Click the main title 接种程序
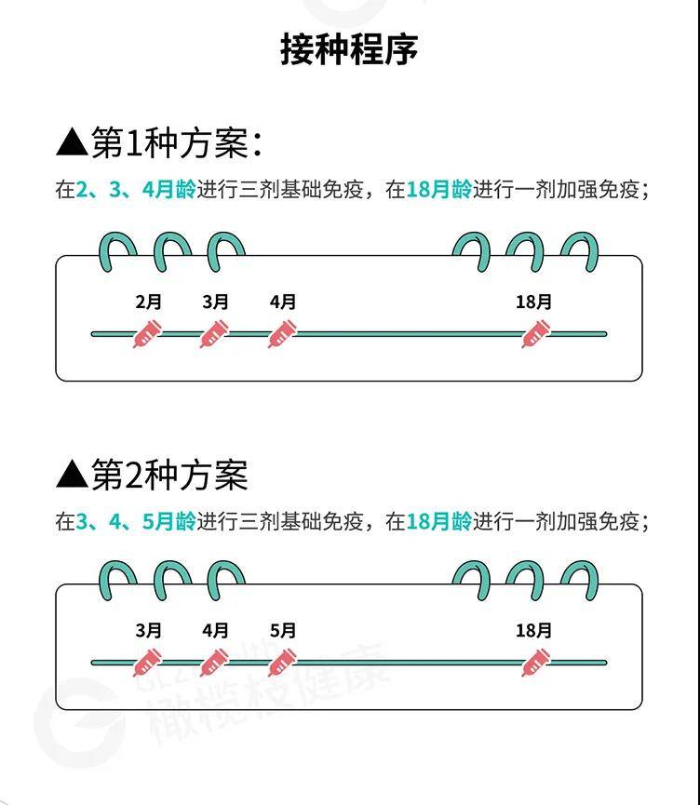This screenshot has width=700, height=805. point(349,50)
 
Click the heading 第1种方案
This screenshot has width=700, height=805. point(170,142)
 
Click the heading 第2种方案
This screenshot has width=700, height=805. point(170,475)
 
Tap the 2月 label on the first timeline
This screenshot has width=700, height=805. point(148,302)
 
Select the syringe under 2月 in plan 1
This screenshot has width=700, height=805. point(147,334)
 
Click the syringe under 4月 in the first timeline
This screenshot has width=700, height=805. point(282,334)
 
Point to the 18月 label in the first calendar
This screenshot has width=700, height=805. point(533,302)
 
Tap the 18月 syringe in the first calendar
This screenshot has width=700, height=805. point(535,334)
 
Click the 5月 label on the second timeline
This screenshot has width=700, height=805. point(282,630)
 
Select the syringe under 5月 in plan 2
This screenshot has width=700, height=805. point(282,663)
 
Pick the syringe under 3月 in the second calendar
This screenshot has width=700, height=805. point(147,663)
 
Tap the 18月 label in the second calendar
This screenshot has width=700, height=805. point(533,630)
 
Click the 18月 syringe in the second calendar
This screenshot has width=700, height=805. point(535,663)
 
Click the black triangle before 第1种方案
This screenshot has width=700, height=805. point(72,142)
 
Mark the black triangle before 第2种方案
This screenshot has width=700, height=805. point(72,475)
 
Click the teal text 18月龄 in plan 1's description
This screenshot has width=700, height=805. point(439,190)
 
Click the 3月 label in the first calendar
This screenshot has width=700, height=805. point(215,302)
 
